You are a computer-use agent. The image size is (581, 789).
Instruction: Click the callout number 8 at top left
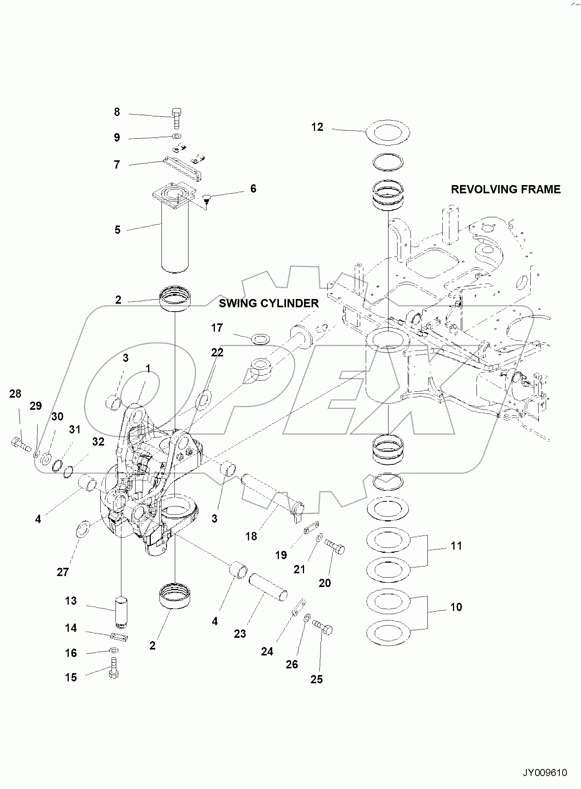[117, 112]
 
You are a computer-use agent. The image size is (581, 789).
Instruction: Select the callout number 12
[317, 127]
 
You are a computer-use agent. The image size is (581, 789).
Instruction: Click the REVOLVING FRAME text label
[505, 189]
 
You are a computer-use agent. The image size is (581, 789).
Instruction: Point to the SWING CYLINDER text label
[269, 303]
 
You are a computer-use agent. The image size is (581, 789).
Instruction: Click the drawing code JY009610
[544, 773]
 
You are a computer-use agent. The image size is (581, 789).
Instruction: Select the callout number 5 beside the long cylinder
[117, 230]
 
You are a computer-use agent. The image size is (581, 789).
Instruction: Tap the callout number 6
[253, 189]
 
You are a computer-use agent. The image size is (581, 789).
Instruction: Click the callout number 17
[217, 328]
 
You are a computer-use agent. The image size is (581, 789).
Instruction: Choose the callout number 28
[15, 394]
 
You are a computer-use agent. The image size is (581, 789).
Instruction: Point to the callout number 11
[456, 546]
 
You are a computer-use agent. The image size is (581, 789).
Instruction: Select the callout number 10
[456, 607]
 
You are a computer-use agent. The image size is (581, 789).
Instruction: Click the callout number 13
[71, 601]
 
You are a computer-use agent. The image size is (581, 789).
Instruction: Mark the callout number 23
[240, 634]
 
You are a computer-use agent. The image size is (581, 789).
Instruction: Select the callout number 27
[63, 572]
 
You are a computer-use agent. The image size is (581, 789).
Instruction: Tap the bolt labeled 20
[335, 547]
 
